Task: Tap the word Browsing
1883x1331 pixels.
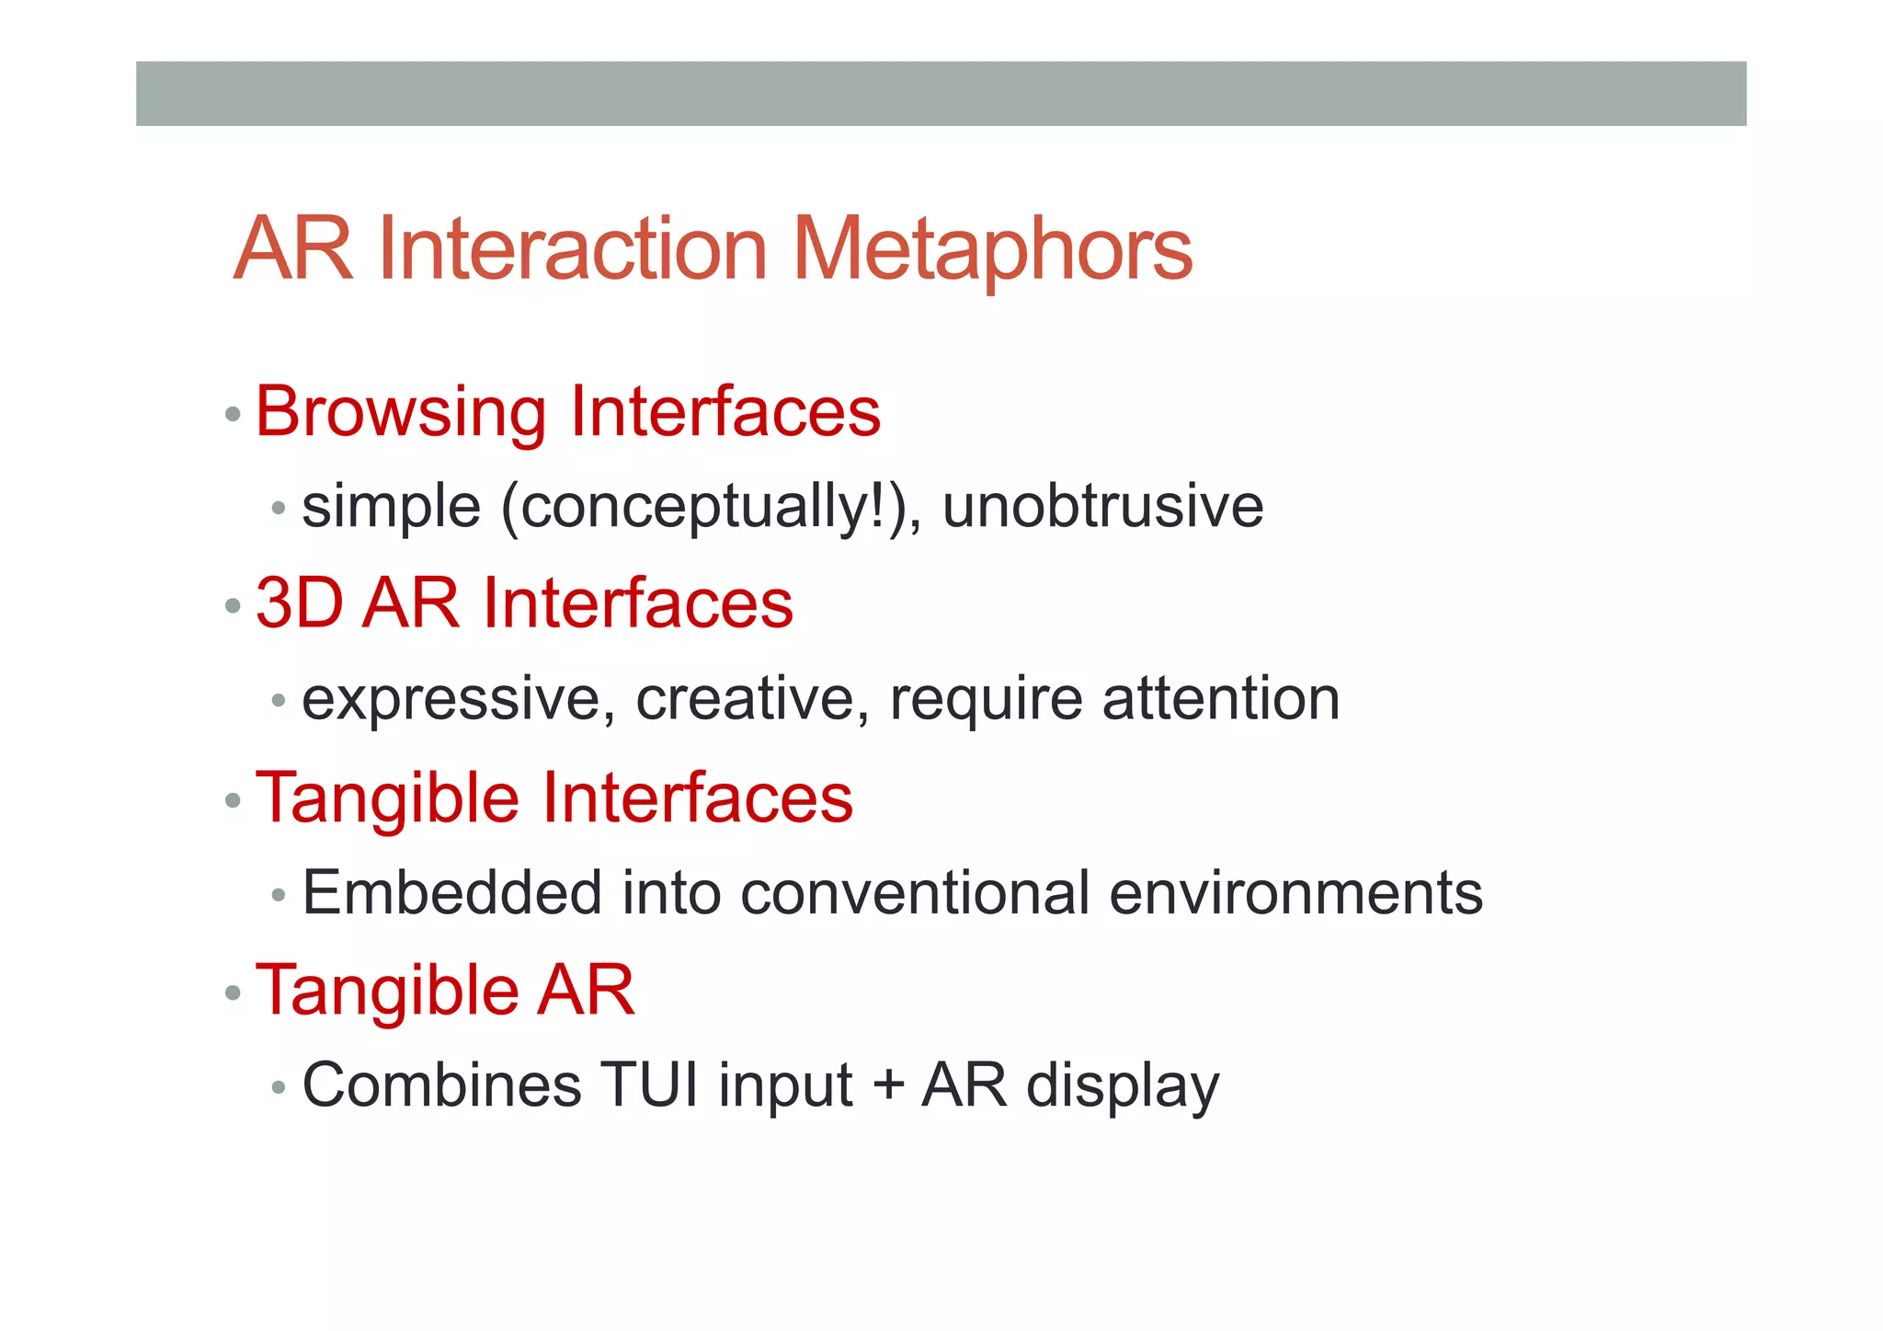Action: point(401,413)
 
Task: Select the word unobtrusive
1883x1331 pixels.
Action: point(1102,507)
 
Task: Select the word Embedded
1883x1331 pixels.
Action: point(451,892)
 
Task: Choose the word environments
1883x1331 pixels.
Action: point(1295,892)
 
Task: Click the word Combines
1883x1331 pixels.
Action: point(441,1084)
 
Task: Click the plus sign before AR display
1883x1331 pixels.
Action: point(888,1086)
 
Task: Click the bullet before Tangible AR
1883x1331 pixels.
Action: point(234,993)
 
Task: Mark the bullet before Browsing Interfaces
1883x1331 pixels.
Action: point(234,415)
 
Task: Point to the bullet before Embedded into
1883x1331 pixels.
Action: point(280,895)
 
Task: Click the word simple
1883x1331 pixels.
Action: point(391,509)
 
